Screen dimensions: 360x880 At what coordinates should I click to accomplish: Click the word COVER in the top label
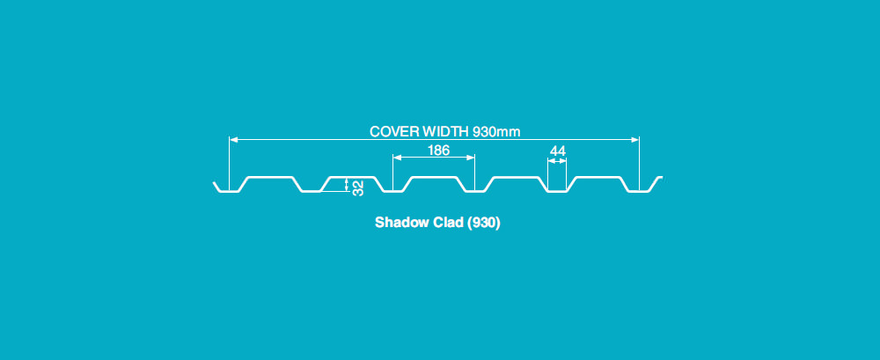391,132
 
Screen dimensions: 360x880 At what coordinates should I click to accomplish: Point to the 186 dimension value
438,151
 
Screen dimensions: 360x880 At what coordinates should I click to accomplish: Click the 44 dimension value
557,151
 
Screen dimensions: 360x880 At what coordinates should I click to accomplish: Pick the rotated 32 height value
358,186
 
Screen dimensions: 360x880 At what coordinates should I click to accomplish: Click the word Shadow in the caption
399,224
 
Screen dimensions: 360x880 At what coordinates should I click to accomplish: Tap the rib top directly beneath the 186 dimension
434,178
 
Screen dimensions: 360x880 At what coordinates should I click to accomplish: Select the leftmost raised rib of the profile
269,178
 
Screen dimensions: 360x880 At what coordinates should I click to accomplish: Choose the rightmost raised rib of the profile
598,178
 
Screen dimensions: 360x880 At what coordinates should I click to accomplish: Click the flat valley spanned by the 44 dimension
557,191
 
